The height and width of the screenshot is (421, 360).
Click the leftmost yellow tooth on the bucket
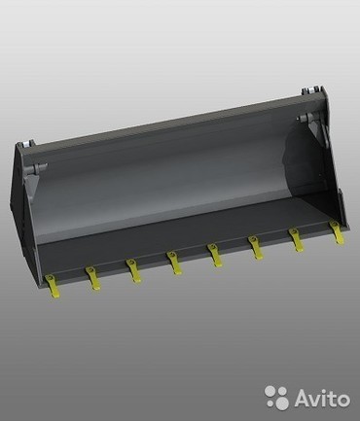tap(53, 286)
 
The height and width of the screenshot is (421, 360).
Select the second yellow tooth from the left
tap(93, 278)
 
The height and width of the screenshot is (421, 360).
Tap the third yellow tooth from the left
tap(133, 270)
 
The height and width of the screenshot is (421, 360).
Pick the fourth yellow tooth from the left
tap(174, 263)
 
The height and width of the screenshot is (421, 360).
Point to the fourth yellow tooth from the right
tap(215, 256)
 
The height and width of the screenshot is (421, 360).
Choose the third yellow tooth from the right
tap(256, 248)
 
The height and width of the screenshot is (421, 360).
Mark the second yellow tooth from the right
tap(296, 240)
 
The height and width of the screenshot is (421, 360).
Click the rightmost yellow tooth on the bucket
tap(337, 232)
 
